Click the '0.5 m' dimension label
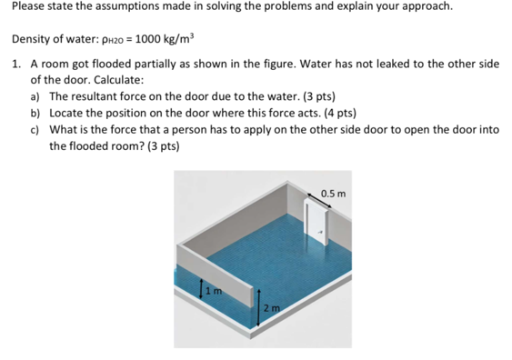click(334, 193)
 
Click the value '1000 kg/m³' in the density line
click(166, 41)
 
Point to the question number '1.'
click(18, 65)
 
